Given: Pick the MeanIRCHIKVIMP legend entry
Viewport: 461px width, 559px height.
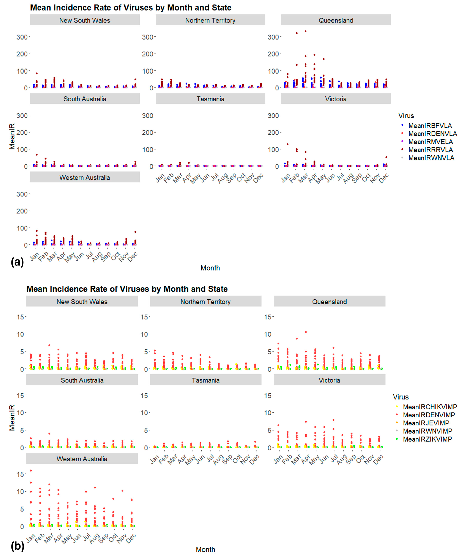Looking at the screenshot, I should pyautogui.click(x=430, y=407).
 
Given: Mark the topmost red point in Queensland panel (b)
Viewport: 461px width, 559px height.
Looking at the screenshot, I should pyautogui.click(x=306, y=332).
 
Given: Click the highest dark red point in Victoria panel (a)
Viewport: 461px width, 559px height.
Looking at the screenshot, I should pyautogui.click(x=287, y=144).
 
